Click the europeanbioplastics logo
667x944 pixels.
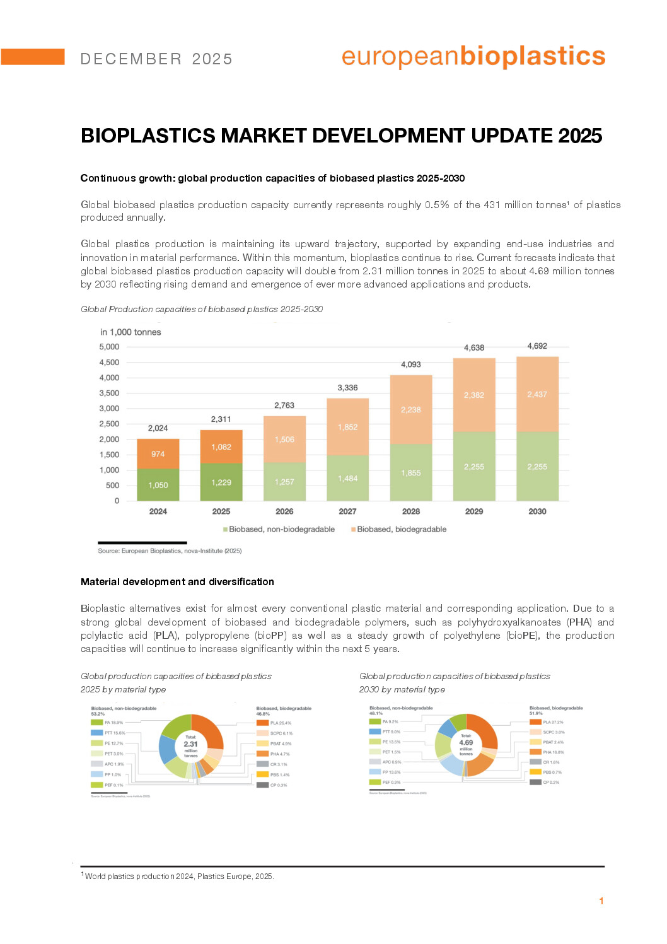coord(473,57)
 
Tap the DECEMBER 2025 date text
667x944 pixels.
coord(156,59)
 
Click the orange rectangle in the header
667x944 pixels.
coord(32,57)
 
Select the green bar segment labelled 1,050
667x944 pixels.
coord(158,485)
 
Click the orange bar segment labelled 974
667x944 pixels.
coord(158,454)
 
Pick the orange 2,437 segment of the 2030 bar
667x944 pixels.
coord(537,394)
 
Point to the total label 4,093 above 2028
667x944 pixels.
coord(411,364)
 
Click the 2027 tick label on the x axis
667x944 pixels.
coord(347,511)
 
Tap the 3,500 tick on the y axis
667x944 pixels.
coord(109,393)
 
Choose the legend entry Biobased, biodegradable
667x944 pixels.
coord(401,529)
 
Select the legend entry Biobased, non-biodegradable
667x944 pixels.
coord(281,529)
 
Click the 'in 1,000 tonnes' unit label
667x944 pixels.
coord(130,332)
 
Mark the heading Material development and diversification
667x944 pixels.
coord(177,582)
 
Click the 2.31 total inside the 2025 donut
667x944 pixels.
coord(190,744)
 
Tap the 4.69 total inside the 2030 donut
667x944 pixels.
coord(466,742)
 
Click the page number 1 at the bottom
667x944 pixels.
coord(601,901)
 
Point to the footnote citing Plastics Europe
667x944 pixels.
coord(179,877)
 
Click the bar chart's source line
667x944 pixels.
coord(170,551)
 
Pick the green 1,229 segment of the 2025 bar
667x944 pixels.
coord(221,482)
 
